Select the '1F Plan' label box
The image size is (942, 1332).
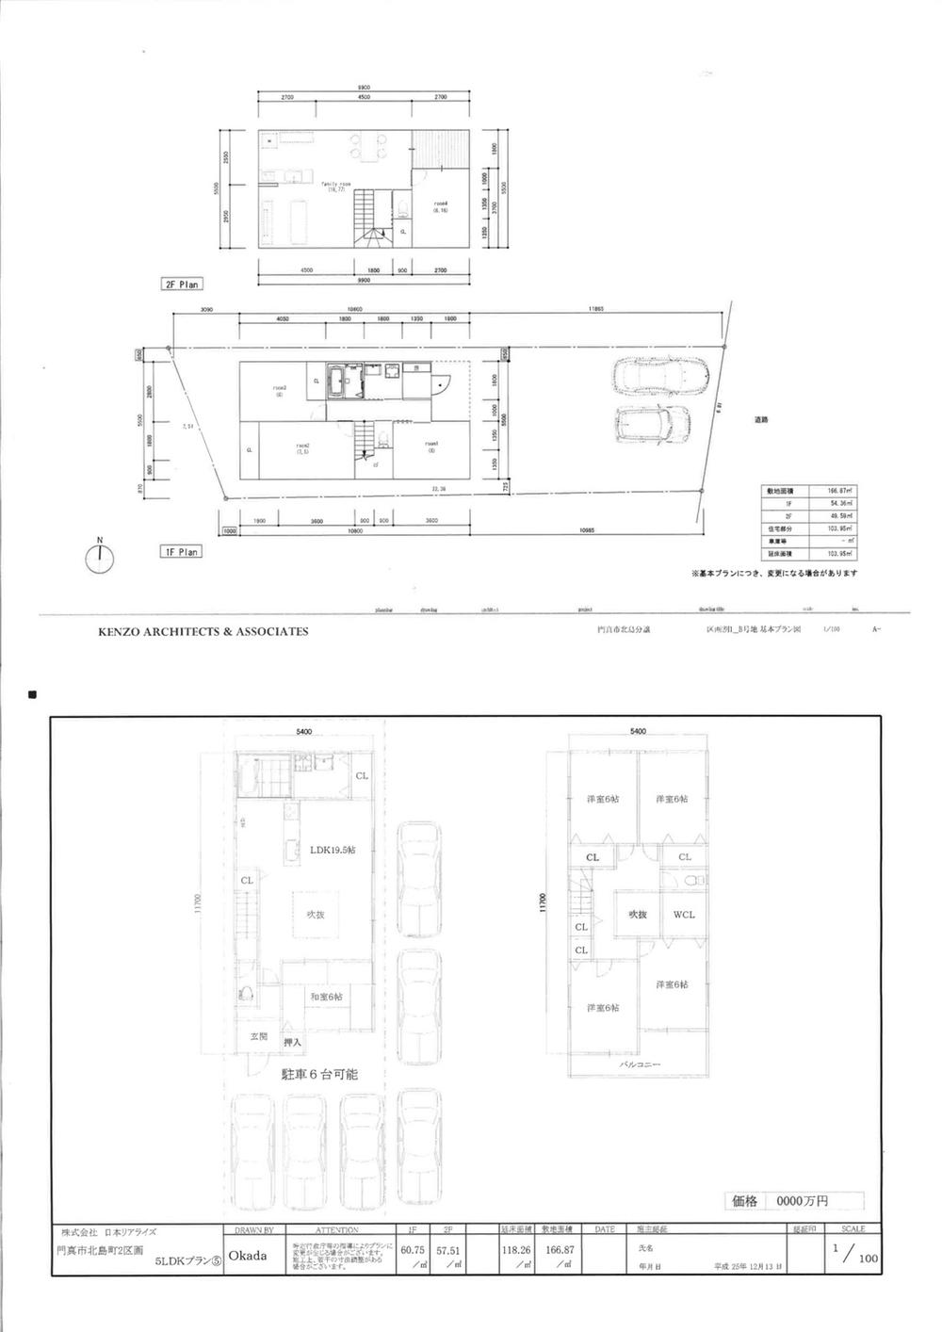tap(180, 553)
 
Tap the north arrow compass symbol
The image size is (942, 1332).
tap(99, 558)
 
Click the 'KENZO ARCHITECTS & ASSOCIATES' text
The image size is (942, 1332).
tap(203, 632)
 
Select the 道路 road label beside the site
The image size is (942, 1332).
tap(760, 420)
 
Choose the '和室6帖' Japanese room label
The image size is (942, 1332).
tap(326, 997)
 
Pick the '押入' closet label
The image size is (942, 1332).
tap(292, 1043)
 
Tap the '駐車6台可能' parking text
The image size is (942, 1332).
tap(319, 1074)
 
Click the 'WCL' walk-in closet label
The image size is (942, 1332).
tap(684, 915)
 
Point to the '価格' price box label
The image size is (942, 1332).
tap(744, 1201)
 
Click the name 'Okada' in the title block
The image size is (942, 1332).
tap(248, 1256)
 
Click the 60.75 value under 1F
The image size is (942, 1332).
tap(413, 1250)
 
